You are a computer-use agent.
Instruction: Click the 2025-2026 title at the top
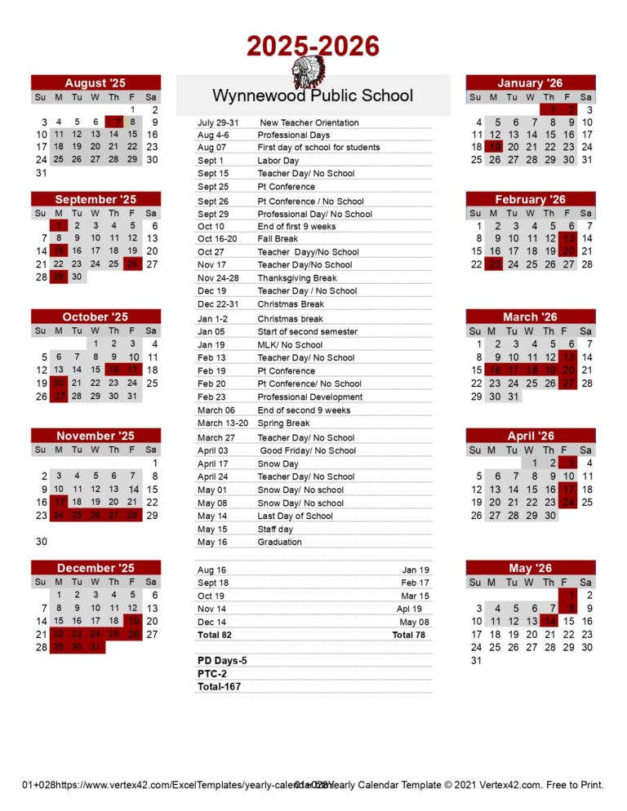click(313, 46)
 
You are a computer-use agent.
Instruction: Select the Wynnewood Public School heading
click(313, 95)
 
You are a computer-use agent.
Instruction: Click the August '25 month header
click(96, 82)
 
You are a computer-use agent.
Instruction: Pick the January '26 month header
click(530, 82)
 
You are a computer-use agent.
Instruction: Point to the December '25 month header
click(96, 568)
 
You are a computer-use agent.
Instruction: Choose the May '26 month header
click(530, 568)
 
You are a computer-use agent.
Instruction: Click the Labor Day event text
click(278, 161)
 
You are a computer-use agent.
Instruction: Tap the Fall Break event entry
click(278, 239)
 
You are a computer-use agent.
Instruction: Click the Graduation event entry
click(280, 542)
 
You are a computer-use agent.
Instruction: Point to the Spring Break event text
click(283, 423)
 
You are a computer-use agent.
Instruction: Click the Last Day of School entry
click(295, 516)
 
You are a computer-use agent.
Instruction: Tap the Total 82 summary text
click(215, 635)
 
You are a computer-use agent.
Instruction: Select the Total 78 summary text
click(408, 635)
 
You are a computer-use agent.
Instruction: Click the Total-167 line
click(219, 687)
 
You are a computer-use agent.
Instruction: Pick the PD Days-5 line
click(222, 660)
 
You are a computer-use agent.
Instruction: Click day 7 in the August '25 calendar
click(113, 122)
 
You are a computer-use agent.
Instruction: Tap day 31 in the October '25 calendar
click(132, 397)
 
